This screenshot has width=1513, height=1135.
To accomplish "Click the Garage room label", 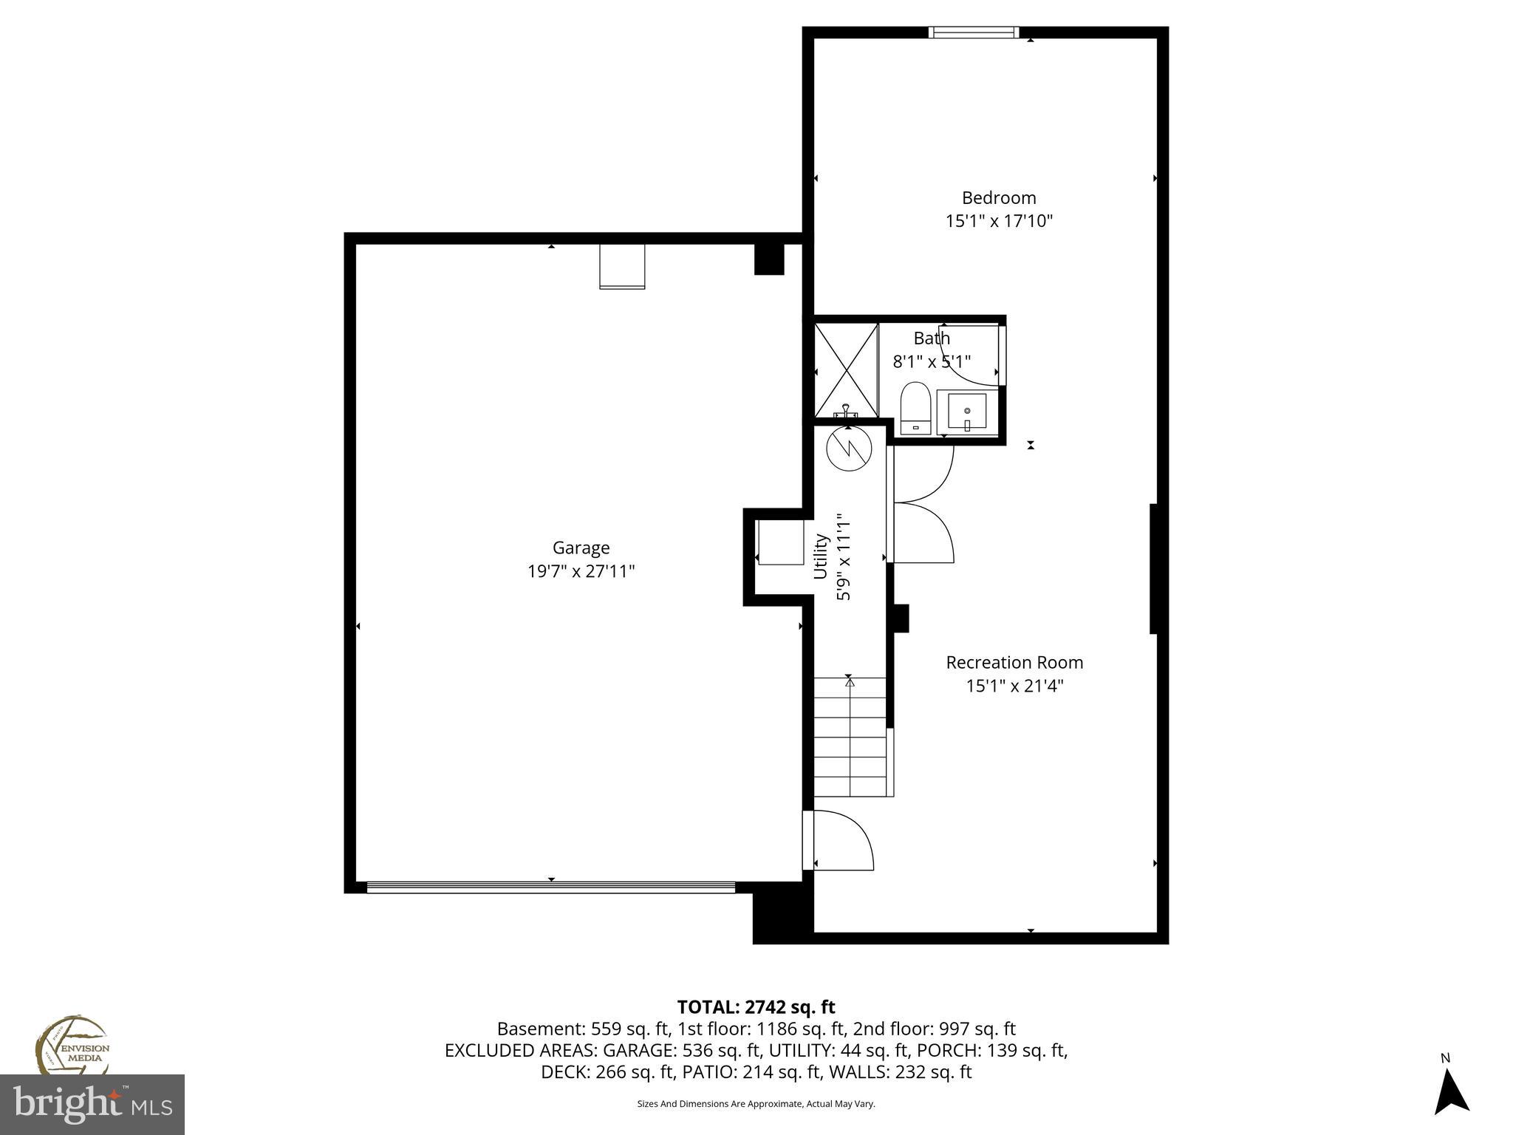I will [581, 548].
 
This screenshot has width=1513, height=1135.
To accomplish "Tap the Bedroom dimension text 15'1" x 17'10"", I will [999, 221].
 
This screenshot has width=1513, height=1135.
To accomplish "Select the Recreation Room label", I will [1014, 662].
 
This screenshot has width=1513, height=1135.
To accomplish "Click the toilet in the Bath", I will [915, 409].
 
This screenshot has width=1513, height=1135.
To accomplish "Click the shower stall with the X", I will [846, 369].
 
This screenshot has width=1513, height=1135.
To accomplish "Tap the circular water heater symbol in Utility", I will [849, 448].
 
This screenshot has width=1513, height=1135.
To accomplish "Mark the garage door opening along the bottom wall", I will [551, 887].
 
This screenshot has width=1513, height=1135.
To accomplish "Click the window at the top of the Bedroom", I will [973, 32].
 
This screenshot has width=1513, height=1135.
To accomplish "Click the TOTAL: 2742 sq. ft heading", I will [756, 1006].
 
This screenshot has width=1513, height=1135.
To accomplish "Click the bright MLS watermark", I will [92, 1104].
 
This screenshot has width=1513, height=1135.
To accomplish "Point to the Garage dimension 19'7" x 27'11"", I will [581, 571].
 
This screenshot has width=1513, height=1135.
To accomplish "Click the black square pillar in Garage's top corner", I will [768, 259].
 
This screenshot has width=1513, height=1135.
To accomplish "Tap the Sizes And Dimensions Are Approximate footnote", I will [756, 1104].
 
